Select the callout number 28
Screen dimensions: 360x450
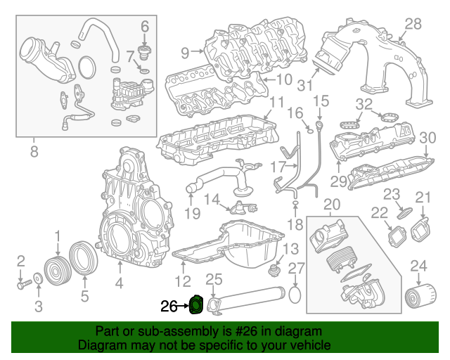(x=413, y=25)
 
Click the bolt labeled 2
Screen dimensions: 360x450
(x=23, y=285)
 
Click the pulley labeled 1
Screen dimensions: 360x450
(x=55, y=270)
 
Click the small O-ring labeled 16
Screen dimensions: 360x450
(x=308, y=129)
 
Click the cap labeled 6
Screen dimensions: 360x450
(x=146, y=52)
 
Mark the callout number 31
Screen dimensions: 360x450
(x=304, y=86)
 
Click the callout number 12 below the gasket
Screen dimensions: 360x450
(x=183, y=283)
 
